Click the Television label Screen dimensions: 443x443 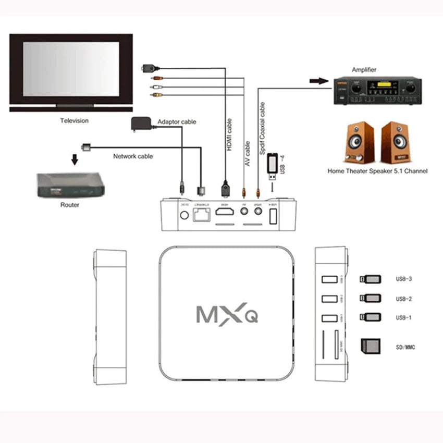(74, 121)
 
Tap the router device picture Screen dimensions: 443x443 (70, 184)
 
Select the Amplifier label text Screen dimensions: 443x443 (364, 70)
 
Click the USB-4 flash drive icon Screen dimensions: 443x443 (272, 164)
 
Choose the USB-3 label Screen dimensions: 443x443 (404, 279)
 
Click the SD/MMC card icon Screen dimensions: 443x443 (370, 345)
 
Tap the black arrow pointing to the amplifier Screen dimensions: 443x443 (316, 81)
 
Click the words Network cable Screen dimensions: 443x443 (133, 156)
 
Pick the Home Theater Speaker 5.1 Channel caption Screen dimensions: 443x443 (377, 171)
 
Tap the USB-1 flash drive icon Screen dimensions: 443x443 (370, 317)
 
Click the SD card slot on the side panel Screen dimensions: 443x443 (336, 343)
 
